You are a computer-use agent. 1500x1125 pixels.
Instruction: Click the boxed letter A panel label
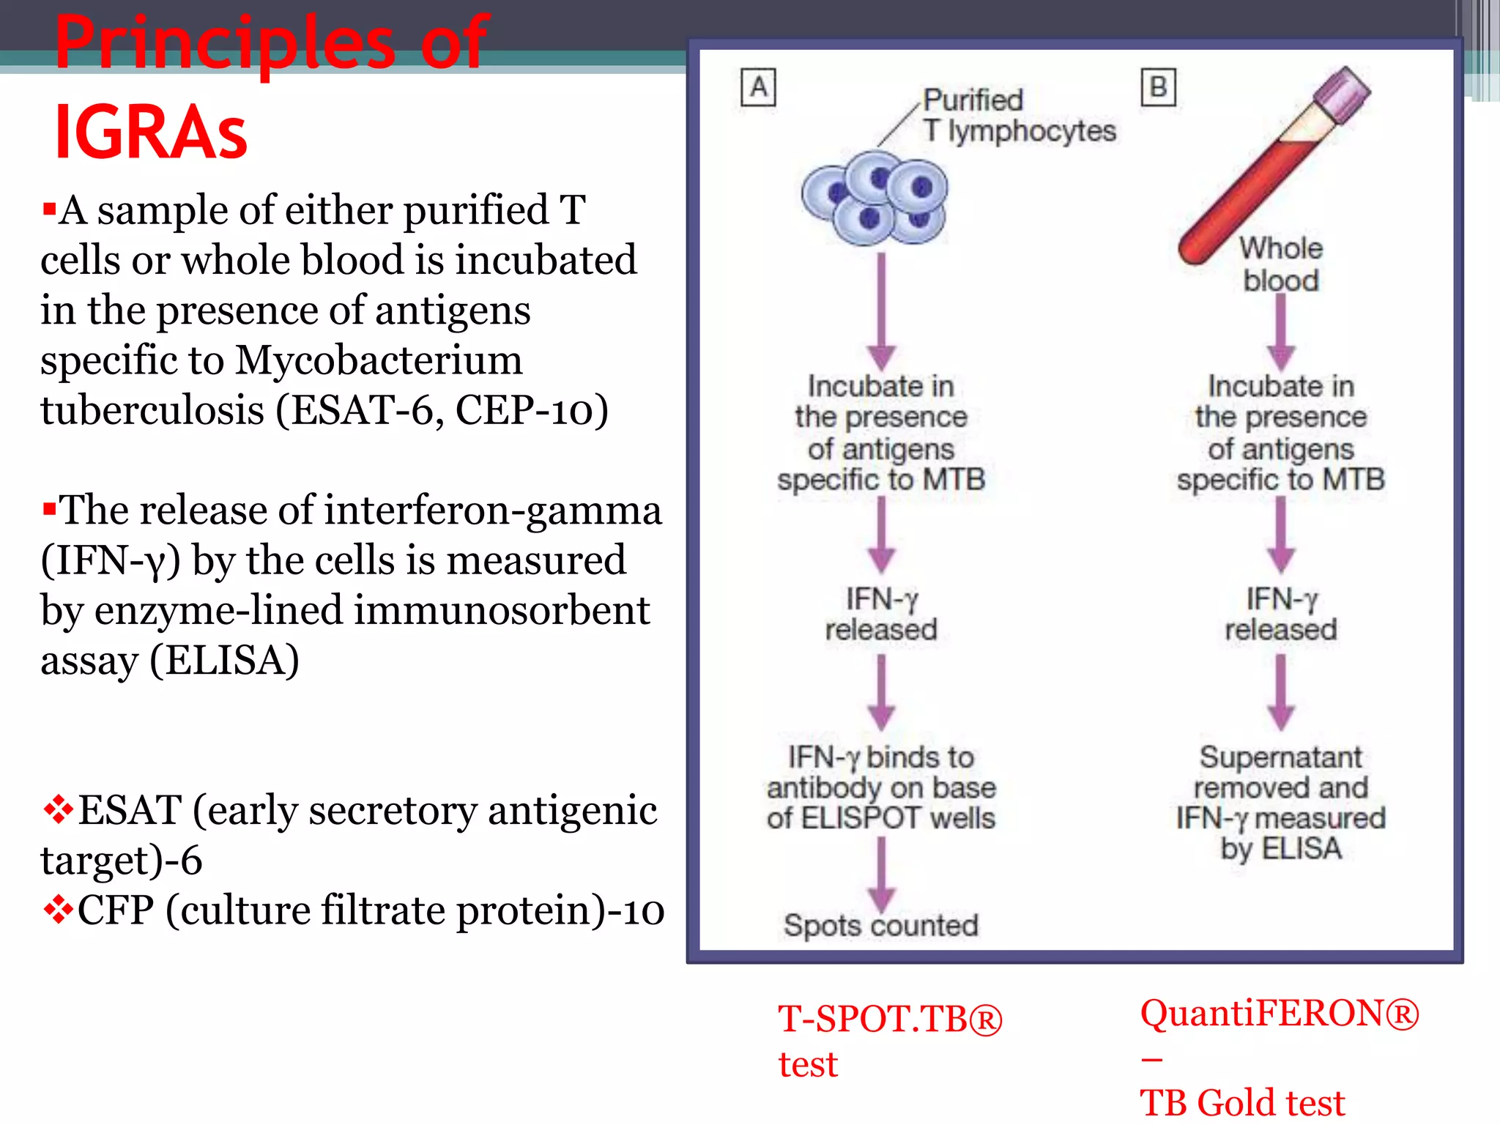(x=758, y=88)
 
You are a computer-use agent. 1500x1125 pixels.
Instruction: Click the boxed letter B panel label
(x=1158, y=88)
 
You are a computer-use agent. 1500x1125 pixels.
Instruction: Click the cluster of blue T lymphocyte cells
(x=875, y=198)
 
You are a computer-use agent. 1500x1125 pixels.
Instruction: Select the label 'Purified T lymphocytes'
(x=1018, y=116)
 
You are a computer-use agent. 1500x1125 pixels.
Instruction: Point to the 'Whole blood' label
(x=1281, y=264)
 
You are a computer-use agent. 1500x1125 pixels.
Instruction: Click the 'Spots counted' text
(x=880, y=926)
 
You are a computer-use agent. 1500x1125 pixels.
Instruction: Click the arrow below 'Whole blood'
(x=1280, y=333)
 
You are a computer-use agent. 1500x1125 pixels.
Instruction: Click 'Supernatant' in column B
(x=1280, y=757)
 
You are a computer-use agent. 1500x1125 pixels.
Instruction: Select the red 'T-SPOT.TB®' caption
(x=889, y=1019)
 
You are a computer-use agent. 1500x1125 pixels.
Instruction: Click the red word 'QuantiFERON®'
(x=1279, y=1014)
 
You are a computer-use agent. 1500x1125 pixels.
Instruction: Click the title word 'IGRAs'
(x=151, y=132)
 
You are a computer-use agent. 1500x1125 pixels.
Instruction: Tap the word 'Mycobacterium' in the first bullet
(x=379, y=360)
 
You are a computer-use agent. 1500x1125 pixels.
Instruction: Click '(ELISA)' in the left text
(x=225, y=661)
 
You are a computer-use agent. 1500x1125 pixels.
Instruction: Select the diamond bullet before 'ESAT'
(x=58, y=809)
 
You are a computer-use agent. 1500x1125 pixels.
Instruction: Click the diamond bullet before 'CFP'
(x=58, y=910)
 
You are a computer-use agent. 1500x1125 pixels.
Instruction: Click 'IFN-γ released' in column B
(x=1280, y=615)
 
